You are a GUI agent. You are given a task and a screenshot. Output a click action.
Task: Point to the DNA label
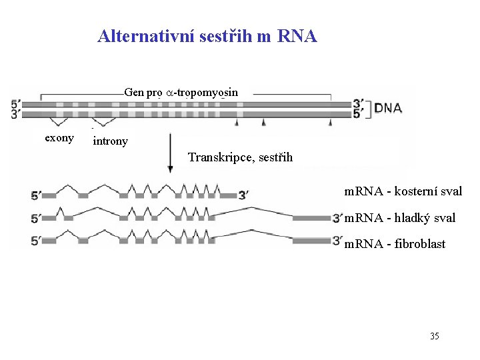click(387, 108)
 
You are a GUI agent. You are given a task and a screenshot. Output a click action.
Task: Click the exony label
click(59, 138)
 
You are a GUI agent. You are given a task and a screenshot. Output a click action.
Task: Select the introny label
click(111, 141)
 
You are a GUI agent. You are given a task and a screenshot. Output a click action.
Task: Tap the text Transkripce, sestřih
click(240, 157)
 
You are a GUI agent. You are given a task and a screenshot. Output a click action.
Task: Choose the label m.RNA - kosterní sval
click(403, 191)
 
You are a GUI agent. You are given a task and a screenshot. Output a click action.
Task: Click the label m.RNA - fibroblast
click(395, 244)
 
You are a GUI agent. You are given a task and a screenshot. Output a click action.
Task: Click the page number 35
click(434, 336)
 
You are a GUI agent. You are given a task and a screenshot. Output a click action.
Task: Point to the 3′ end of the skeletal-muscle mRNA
click(245, 195)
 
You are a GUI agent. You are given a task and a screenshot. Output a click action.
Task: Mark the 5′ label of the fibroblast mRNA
click(36, 241)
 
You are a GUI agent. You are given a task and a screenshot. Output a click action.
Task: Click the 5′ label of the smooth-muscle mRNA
click(36, 218)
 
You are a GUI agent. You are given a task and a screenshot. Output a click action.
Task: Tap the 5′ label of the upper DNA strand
click(16, 104)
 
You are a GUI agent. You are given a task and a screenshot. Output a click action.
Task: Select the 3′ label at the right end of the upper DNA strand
click(359, 104)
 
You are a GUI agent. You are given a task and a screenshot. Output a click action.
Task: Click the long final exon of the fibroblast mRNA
click(311, 240)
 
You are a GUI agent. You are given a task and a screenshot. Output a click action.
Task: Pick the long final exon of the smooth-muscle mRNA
click(311, 217)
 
